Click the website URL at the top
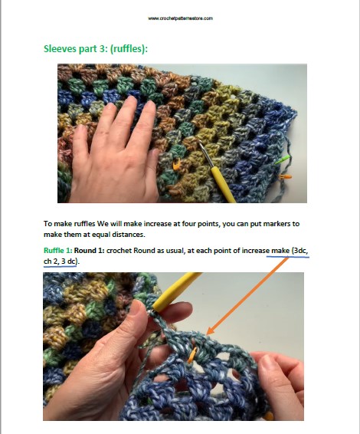click(180, 18)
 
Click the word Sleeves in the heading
click(60, 49)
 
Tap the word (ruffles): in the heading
click(129, 49)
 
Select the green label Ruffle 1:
click(57, 251)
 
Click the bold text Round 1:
click(90, 251)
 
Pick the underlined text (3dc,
click(299, 251)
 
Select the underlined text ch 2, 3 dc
click(60, 261)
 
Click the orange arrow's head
click(211, 330)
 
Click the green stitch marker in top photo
click(283, 159)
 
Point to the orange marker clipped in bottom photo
click(192, 355)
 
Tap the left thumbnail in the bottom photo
click(136, 307)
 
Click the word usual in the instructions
click(173, 251)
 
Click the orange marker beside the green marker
click(286, 176)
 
